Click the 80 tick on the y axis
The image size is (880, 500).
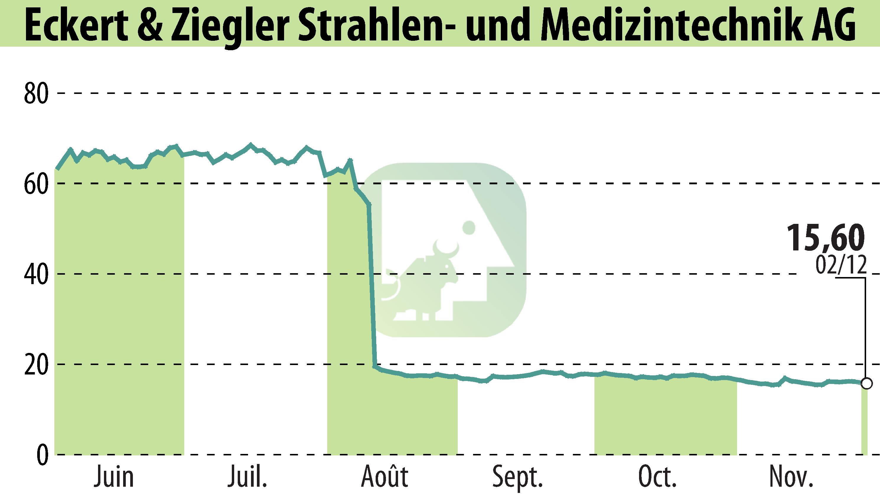(36, 94)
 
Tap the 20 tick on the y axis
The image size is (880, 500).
(36, 365)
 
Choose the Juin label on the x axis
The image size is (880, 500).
(114, 477)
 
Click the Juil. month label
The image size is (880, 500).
(247, 477)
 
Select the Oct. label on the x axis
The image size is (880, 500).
(657, 477)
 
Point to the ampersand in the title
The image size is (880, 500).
(151, 25)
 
